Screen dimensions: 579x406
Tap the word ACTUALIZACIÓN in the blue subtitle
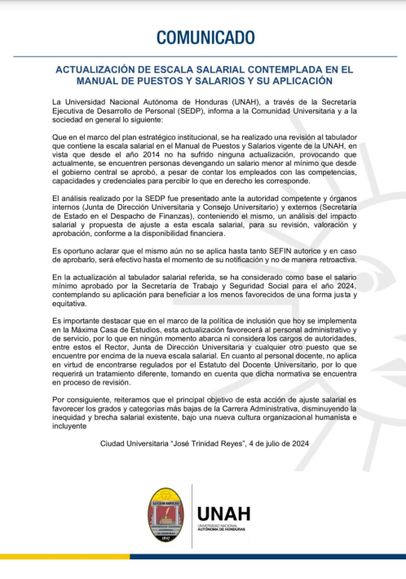[x=99, y=70]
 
